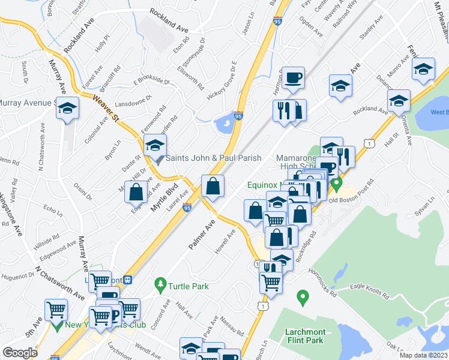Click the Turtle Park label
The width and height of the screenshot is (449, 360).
pos(188,286)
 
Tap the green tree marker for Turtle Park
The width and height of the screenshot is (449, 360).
pos(160,283)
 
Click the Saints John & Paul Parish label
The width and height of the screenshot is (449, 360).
pos(213,158)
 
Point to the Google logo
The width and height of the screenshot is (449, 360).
pos(20,353)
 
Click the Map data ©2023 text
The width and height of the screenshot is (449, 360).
pos(424,355)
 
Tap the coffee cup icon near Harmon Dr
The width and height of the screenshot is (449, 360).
pos(294,77)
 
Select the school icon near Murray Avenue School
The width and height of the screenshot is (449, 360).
pos(68,108)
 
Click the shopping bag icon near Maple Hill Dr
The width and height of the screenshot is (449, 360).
pos(136,192)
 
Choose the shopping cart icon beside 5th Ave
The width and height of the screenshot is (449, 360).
pos(56,310)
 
